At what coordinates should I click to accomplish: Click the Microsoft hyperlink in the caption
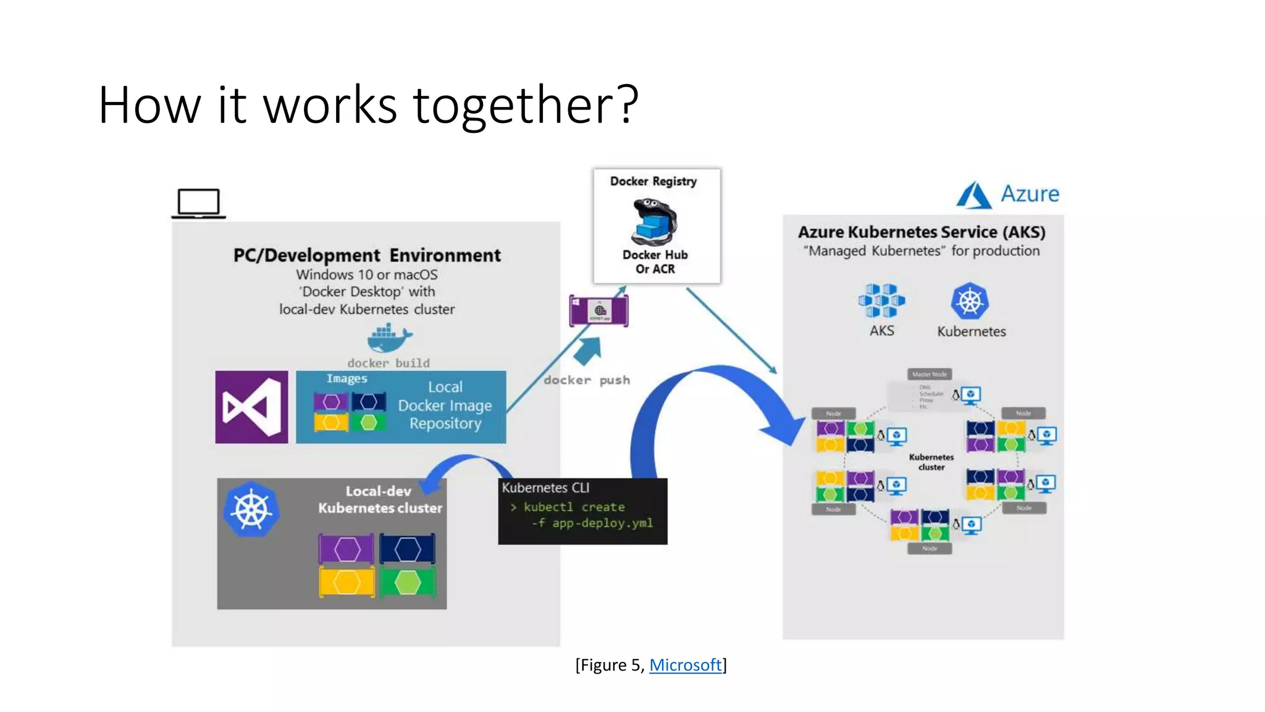[x=685, y=665]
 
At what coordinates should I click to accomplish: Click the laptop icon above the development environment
[x=198, y=203]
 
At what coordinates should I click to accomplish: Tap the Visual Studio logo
[x=251, y=407]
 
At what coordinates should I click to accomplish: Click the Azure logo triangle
[x=974, y=195]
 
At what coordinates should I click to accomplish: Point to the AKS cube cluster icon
[x=881, y=300]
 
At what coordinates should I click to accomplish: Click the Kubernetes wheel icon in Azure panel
[x=970, y=302]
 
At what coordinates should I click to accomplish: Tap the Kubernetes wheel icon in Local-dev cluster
[x=251, y=510]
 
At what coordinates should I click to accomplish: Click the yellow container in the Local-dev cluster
[x=347, y=582]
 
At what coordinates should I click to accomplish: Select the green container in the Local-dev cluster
[x=408, y=582]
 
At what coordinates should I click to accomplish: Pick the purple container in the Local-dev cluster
[x=347, y=549]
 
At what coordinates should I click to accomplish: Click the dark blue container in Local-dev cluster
[x=408, y=549]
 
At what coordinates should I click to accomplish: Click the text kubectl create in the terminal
[x=574, y=507]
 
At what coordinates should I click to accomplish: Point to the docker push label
[x=587, y=380]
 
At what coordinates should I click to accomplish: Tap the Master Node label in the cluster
[x=930, y=374]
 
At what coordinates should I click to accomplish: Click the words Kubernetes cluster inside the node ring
[x=931, y=462]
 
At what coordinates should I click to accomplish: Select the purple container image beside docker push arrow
[x=599, y=310]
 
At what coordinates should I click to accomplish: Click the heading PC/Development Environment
[x=367, y=255]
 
